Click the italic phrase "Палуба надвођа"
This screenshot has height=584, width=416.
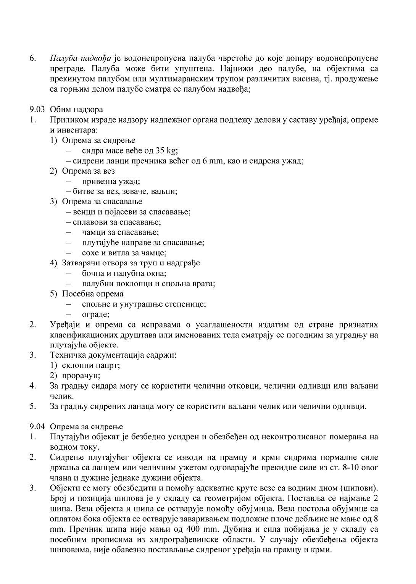(80, 58)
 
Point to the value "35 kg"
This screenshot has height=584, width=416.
(166, 150)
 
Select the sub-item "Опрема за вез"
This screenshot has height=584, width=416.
(88, 171)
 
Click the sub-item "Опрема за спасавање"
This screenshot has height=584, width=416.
(102, 202)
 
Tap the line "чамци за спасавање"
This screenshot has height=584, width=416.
(120, 232)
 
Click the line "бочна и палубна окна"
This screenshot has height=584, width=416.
(124, 273)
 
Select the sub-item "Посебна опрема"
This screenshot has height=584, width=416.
(93, 294)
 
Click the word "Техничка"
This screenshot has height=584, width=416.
(67, 355)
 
